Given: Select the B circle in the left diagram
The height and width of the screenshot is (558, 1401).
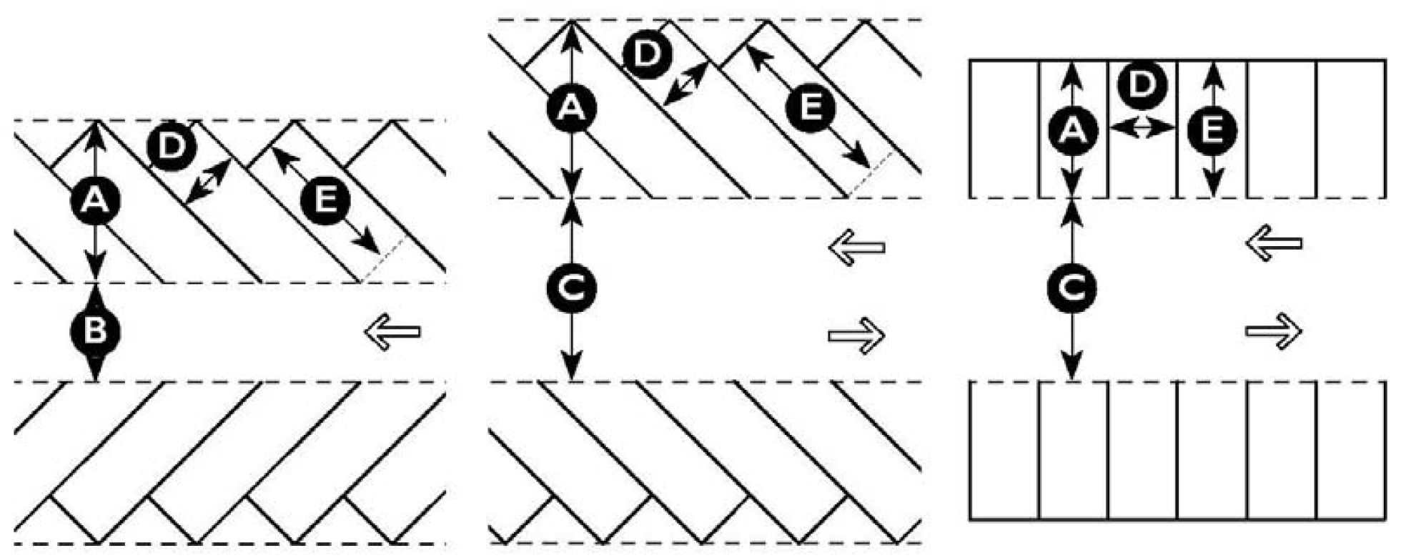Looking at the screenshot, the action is [95, 331].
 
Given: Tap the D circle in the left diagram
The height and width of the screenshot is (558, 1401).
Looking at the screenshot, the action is [172, 147].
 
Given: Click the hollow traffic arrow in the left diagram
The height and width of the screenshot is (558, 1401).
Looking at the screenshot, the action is [392, 331].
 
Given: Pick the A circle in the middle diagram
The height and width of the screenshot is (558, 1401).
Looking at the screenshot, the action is [570, 108].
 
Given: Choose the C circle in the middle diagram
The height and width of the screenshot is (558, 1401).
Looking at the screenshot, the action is [571, 288].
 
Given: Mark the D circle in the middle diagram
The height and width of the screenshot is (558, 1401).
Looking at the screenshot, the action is [647, 54].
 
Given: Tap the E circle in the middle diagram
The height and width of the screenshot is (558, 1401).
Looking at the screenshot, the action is [809, 108].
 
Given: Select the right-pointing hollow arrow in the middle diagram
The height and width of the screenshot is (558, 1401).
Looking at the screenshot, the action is [856, 334].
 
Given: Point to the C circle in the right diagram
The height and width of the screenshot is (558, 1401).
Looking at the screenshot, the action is [1071, 289].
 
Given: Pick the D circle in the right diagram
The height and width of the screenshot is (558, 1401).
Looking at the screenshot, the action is [1142, 84].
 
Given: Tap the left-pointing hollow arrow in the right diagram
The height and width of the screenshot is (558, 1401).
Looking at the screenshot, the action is [1274, 244].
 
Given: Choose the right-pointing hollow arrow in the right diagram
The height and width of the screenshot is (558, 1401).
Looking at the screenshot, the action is [1274, 331].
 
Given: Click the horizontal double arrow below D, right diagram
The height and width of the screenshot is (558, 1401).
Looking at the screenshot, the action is [1142, 127].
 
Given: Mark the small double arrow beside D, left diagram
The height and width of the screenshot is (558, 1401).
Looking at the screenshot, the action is [208, 183].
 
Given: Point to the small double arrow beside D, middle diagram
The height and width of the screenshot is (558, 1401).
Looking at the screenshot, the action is [685, 84].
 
